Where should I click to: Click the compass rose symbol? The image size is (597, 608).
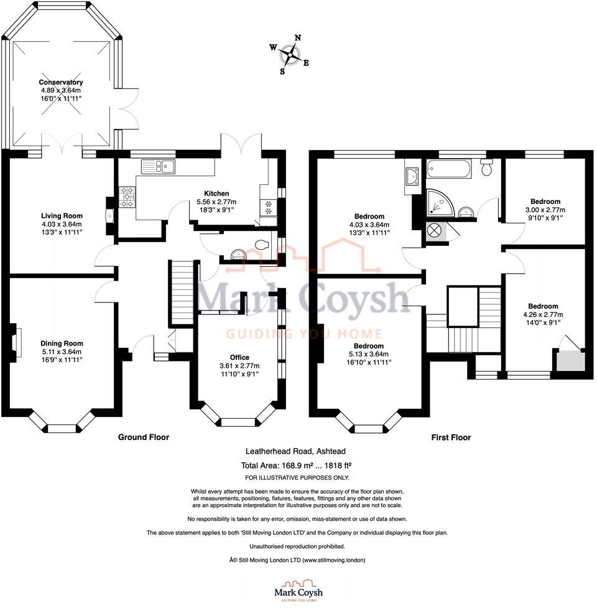290,55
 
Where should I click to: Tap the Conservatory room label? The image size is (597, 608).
61,82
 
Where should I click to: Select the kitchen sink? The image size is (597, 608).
158,166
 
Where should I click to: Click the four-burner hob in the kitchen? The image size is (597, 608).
127,197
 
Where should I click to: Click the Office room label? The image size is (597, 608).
239,357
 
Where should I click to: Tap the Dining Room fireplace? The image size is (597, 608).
16,340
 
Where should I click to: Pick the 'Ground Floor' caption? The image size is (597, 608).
144,437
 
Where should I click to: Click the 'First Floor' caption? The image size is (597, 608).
451,437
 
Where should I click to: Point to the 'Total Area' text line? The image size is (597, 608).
298,465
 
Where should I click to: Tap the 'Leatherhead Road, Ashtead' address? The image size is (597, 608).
298,453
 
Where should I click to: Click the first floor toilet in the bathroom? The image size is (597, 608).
487,167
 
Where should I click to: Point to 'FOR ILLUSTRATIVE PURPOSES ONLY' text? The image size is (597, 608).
297,477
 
